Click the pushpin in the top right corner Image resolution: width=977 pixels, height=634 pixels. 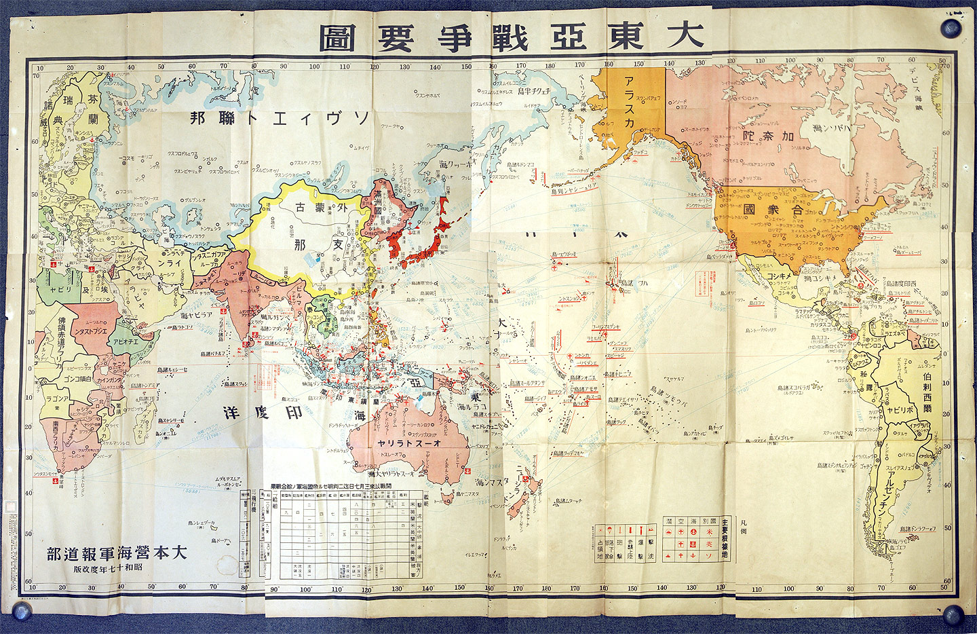(951, 29)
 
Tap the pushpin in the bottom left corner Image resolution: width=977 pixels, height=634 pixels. (22, 611)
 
